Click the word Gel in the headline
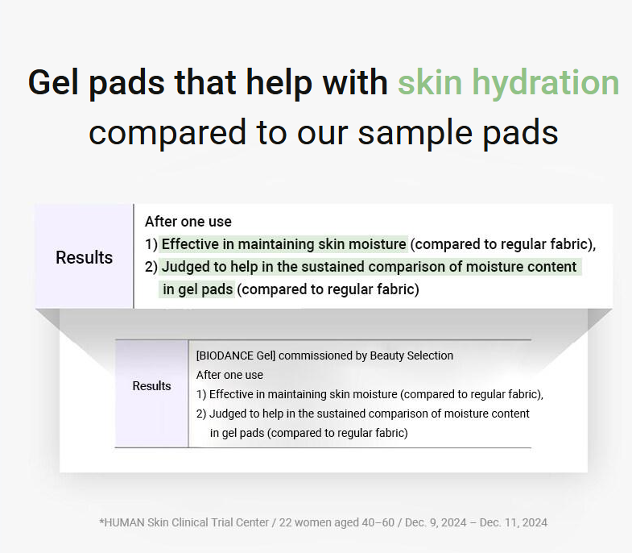(x=53, y=83)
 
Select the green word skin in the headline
(x=430, y=82)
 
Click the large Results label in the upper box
(x=85, y=257)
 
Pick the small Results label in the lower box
(x=151, y=385)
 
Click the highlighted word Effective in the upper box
(x=192, y=244)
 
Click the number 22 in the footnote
(x=285, y=522)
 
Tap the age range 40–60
(x=378, y=522)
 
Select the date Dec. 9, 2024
(x=436, y=522)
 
